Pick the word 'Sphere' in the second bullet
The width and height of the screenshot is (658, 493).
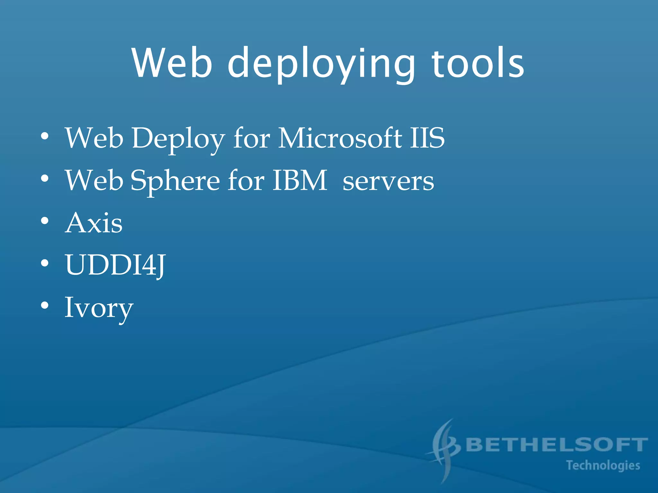click(x=175, y=180)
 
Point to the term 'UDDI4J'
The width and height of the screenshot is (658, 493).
click(x=115, y=265)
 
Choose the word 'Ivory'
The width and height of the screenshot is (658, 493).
click(x=99, y=307)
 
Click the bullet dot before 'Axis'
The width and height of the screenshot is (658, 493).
click(x=45, y=221)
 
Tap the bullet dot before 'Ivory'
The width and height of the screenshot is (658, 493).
click(x=45, y=305)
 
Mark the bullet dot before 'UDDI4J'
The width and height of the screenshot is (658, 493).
click(x=45, y=263)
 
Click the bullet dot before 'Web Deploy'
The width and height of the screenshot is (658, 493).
click(x=45, y=136)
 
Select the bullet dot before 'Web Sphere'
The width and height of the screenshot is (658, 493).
click(x=45, y=178)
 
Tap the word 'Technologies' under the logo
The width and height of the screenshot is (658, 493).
click(x=603, y=465)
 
